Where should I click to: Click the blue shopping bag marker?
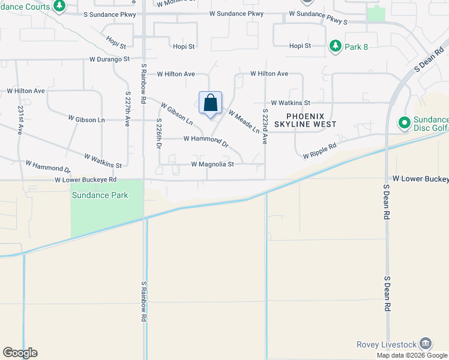(210, 103)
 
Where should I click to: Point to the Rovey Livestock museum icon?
(426, 344)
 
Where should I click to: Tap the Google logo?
(20, 353)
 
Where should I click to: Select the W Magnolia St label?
(212, 164)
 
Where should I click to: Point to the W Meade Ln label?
(244, 122)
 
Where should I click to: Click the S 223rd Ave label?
(265, 127)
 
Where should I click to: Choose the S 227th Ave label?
(128, 109)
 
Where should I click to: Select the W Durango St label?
(109, 59)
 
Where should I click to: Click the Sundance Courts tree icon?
(59, 6)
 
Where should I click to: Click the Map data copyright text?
(412, 355)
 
